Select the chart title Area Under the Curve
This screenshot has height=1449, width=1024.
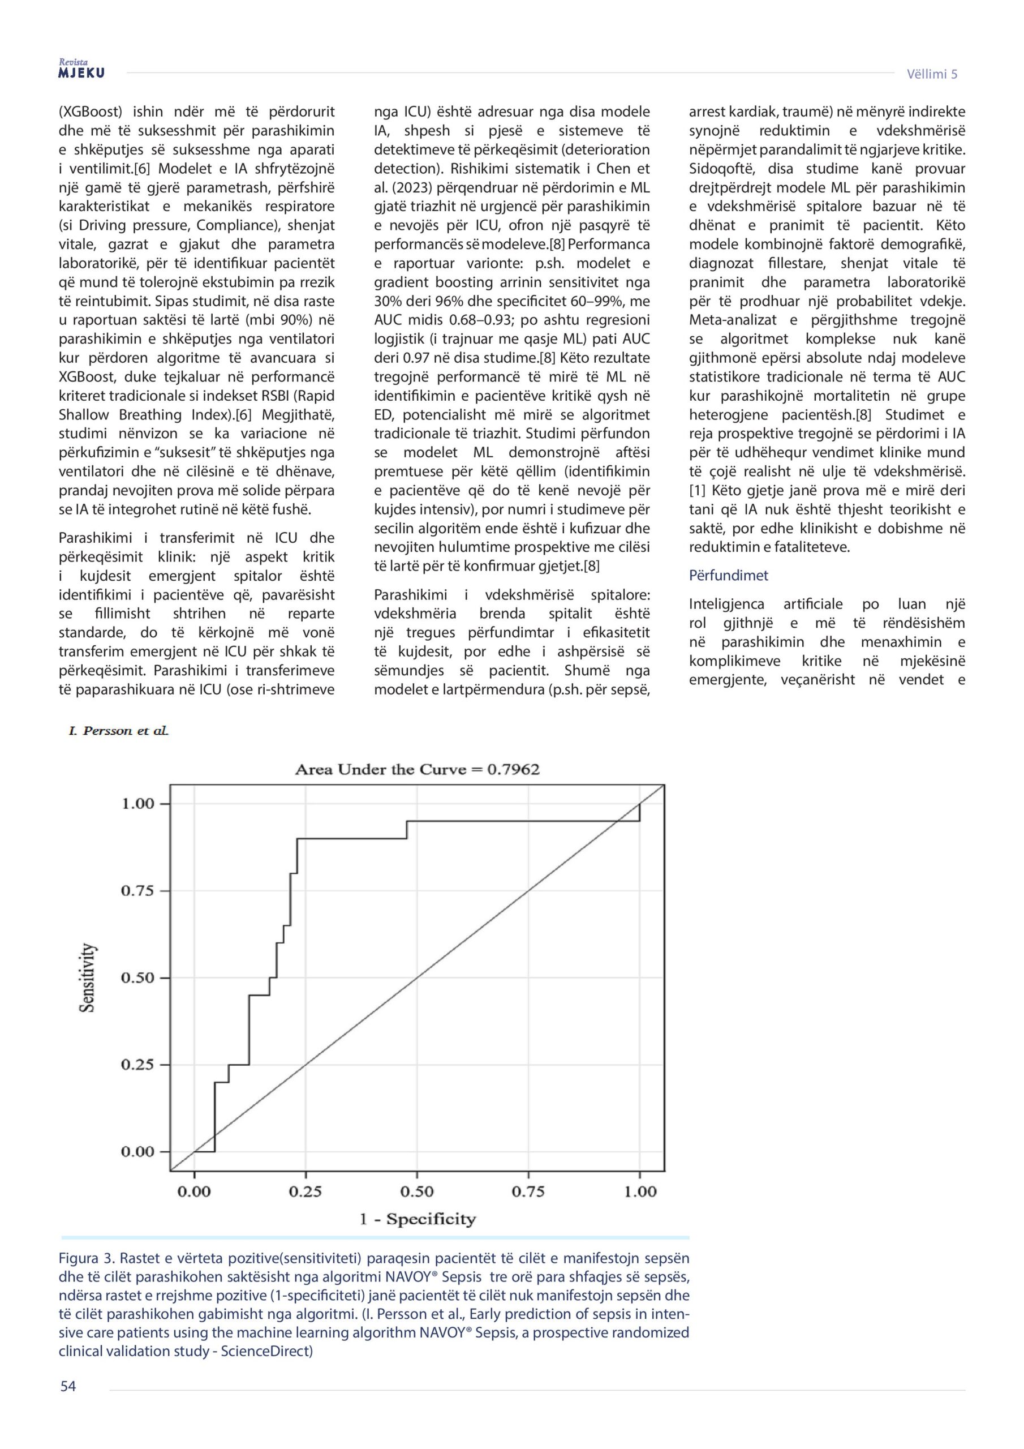point(417,769)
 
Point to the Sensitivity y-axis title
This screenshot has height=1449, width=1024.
point(88,978)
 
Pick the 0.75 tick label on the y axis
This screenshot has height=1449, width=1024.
point(137,891)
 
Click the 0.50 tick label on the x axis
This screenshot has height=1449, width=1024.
point(417,1191)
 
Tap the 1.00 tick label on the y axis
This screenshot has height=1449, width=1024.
point(137,804)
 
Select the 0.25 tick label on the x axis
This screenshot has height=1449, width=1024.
point(306,1191)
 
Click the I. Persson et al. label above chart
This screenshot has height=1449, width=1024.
point(119,731)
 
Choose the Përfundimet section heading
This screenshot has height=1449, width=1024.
point(728,576)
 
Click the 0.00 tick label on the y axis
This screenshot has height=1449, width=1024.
point(137,1152)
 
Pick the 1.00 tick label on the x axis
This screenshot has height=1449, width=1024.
point(640,1191)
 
